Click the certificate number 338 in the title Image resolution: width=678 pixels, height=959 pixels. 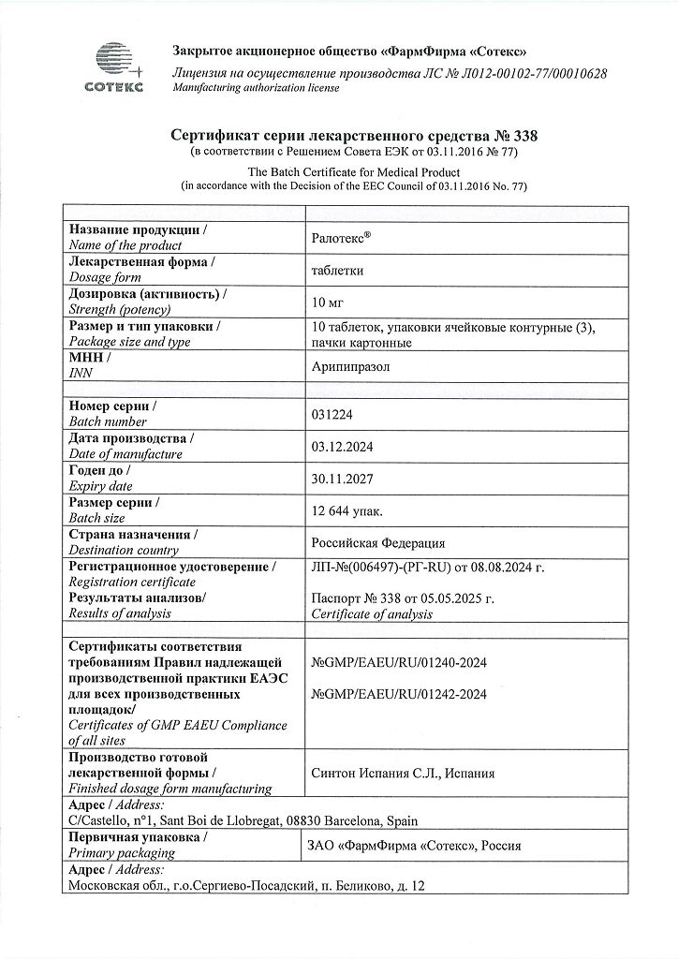[x=526, y=137]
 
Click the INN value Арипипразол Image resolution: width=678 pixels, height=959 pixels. [x=351, y=367]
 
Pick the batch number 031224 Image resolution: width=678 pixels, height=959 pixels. [x=332, y=415]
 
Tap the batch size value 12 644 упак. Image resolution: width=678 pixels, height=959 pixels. [x=346, y=510]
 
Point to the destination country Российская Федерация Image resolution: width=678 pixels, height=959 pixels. [x=378, y=543]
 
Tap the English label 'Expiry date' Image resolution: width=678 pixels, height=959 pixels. [x=101, y=486]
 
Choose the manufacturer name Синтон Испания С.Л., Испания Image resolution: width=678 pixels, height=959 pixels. [x=402, y=773]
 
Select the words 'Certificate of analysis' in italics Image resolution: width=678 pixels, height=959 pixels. [x=371, y=614]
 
